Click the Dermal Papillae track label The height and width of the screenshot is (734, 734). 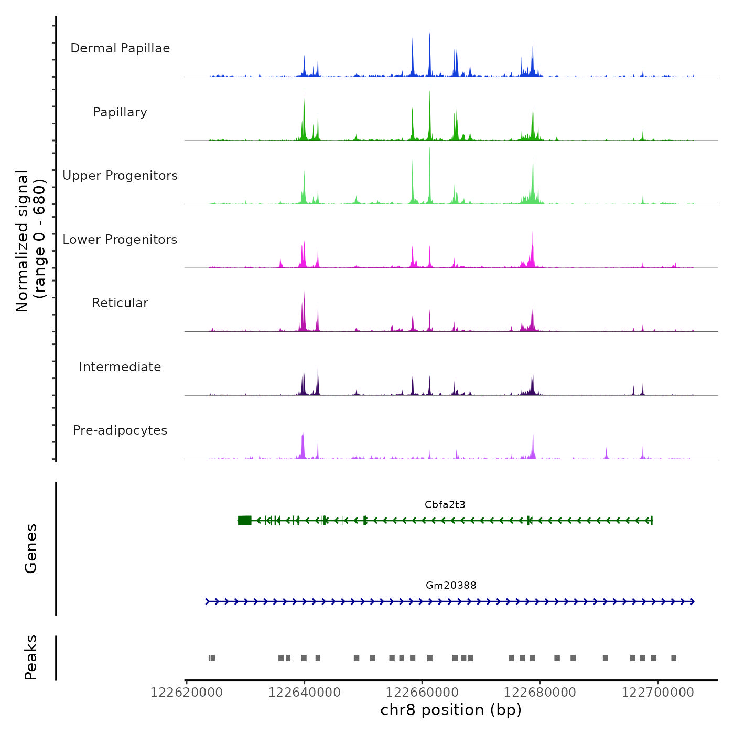pos(120,48)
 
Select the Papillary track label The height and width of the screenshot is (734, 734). pos(120,112)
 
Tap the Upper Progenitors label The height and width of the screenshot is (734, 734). pos(120,176)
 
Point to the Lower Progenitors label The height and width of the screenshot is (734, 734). pos(120,240)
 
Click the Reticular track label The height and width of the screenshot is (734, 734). pos(120,303)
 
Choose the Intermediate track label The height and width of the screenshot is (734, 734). pos(120,367)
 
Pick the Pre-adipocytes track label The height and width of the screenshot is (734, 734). pos(120,430)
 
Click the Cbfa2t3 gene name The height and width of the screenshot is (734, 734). pos(445,505)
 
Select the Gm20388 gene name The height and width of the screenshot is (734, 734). pos(451,586)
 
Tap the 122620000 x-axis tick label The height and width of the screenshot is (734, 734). pos(186,693)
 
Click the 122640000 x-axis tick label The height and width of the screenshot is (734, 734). pos(304,693)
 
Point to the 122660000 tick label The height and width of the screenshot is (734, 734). pos(422,693)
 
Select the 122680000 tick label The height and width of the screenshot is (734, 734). pos(539,693)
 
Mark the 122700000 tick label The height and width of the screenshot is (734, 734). pos(657,693)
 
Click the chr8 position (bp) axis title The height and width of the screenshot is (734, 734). pos(451,710)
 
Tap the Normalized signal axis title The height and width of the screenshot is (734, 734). pos(30,241)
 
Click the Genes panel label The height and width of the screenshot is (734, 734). pos(31,548)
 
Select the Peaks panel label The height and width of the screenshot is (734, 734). pos(31,657)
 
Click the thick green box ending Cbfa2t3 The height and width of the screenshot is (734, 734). pos(244,521)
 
